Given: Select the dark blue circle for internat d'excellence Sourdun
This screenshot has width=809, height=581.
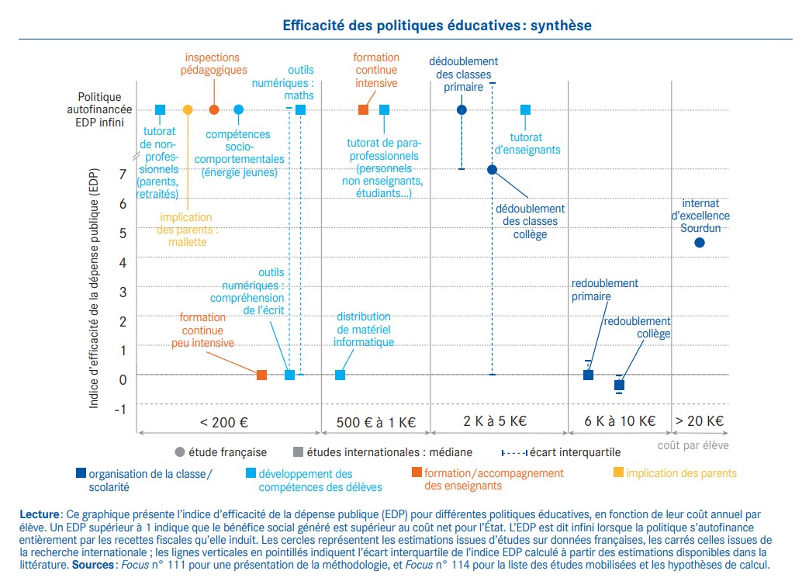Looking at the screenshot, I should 699,242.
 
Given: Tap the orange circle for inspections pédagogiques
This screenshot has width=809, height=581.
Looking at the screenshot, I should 214,109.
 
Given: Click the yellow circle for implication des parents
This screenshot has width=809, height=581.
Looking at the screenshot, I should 188,109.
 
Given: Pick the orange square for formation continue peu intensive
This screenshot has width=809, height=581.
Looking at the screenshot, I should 261,375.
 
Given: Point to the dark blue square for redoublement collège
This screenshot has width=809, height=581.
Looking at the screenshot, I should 619,385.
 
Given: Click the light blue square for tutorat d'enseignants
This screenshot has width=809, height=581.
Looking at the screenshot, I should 525,109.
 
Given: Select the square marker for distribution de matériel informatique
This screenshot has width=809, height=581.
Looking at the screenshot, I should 340,375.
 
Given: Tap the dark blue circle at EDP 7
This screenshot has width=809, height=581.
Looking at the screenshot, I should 492,169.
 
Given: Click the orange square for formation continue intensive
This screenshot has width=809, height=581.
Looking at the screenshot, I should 363,109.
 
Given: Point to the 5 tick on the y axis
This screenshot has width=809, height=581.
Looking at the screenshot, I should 123,232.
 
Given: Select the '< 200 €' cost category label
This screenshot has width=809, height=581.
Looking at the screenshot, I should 223,422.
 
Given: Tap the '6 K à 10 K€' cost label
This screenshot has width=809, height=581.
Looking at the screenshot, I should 619,422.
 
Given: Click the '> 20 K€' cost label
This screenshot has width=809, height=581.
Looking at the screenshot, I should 699,422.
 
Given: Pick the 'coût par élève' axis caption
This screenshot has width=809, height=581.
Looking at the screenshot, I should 693,445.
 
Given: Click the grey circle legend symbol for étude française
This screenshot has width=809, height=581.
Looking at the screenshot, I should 180,452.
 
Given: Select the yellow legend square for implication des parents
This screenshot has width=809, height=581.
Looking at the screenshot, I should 618,472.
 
